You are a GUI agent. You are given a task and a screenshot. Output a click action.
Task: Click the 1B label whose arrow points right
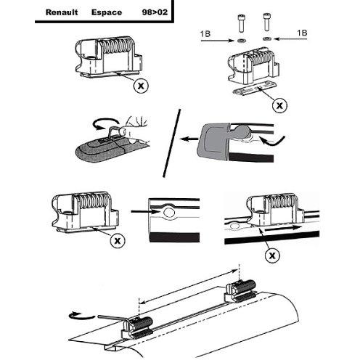point(206,33)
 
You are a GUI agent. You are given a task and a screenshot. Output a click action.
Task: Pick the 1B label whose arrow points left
point(302,33)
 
